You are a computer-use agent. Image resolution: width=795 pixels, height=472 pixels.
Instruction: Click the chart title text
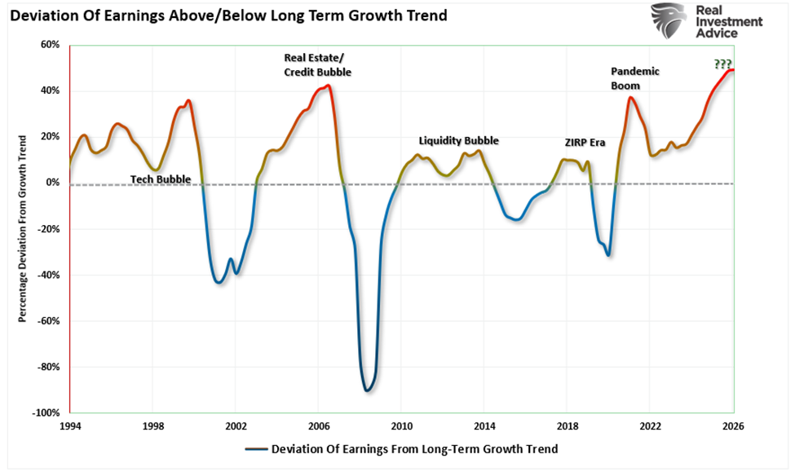(x=227, y=15)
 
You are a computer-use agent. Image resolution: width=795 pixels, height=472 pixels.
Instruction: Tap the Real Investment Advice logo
(x=708, y=21)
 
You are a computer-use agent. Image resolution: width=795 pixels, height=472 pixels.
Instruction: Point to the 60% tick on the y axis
(x=50, y=45)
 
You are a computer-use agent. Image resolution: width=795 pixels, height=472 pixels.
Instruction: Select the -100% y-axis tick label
(x=46, y=413)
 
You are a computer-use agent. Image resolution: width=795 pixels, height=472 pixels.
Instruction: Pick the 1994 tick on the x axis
(x=70, y=426)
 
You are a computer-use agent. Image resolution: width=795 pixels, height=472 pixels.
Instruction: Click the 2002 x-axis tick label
(x=236, y=426)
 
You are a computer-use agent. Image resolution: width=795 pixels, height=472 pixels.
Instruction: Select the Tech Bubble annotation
(x=161, y=179)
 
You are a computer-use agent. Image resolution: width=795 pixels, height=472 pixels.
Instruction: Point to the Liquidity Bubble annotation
(x=458, y=140)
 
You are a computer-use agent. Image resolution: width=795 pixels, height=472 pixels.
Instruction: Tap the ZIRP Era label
(x=585, y=142)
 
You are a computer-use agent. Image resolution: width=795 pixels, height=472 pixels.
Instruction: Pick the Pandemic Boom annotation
(x=635, y=77)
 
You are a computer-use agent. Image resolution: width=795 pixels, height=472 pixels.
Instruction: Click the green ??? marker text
(x=722, y=64)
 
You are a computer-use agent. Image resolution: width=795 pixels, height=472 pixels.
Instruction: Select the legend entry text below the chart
(x=414, y=448)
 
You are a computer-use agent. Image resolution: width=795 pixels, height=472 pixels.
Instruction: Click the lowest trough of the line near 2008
(x=367, y=390)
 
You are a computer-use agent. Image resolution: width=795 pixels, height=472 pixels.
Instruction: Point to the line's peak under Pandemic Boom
(x=630, y=98)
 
